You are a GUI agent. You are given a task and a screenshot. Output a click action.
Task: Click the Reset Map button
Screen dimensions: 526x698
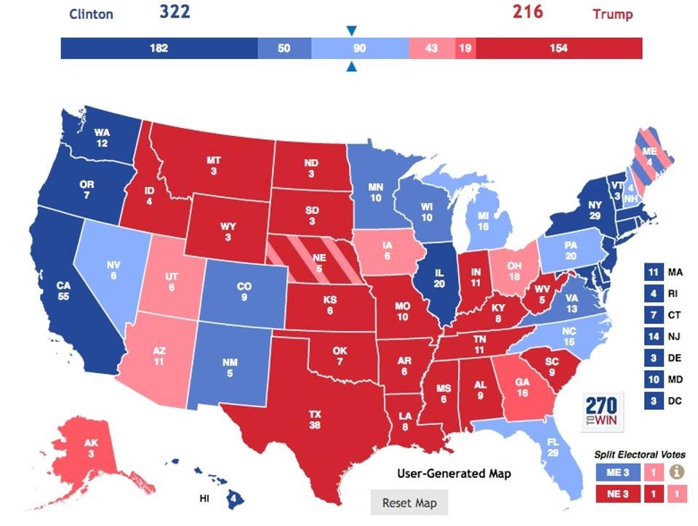tap(409, 503)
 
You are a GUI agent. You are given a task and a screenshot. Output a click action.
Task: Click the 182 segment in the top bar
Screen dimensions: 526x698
tap(159, 49)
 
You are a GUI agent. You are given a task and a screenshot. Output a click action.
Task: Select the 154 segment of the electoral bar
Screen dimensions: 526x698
tap(558, 49)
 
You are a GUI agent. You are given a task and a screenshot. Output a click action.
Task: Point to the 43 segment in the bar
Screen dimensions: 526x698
tap(432, 49)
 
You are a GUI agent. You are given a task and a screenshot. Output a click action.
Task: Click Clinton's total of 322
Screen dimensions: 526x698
tap(174, 12)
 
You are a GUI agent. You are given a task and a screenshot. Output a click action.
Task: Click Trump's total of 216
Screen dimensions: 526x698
tap(527, 12)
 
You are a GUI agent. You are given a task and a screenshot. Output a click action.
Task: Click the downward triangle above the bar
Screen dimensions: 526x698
tap(352, 31)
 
